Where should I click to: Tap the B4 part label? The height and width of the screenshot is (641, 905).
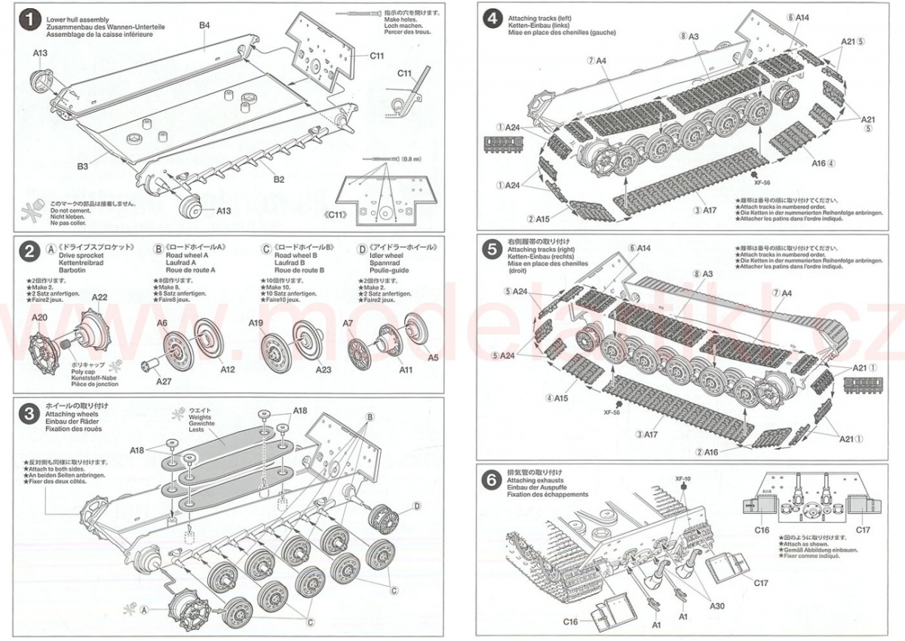tap(204, 26)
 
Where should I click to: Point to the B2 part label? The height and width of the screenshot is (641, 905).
tap(278, 179)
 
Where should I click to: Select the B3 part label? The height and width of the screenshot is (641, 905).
tap(82, 166)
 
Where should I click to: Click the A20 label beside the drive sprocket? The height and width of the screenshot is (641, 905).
tap(39, 317)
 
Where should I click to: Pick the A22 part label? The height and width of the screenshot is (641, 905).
tap(100, 297)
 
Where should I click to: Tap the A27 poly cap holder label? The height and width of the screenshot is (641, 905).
tap(164, 381)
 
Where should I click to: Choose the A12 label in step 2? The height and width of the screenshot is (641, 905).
tap(227, 370)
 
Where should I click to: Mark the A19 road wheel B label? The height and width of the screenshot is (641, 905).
tap(256, 323)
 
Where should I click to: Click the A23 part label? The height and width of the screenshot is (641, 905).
tap(324, 370)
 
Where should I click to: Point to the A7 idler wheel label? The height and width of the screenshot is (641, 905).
tap(348, 323)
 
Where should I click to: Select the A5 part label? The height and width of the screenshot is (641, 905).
tap(433, 358)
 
